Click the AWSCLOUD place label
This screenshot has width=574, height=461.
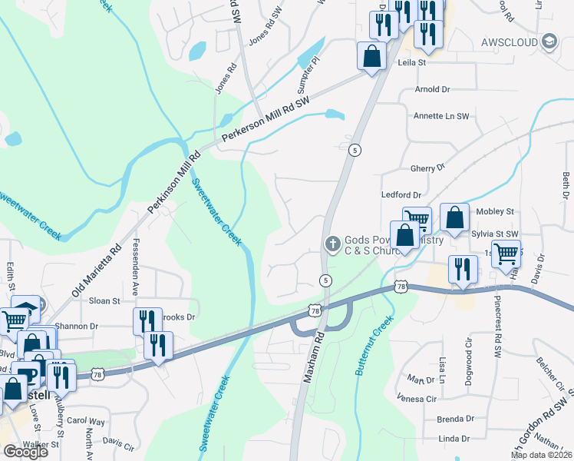click(507, 41)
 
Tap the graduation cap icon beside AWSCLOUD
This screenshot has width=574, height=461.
click(548, 41)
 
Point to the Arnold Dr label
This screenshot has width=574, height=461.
click(432, 90)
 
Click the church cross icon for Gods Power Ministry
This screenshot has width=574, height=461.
click(332, 244)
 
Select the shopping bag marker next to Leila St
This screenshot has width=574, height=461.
click(371, 55)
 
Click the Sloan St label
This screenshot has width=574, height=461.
click(105, 301)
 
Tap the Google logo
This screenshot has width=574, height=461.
click(25, 452)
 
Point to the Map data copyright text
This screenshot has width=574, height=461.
click(541, 455)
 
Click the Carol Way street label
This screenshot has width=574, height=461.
click(85, 421)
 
